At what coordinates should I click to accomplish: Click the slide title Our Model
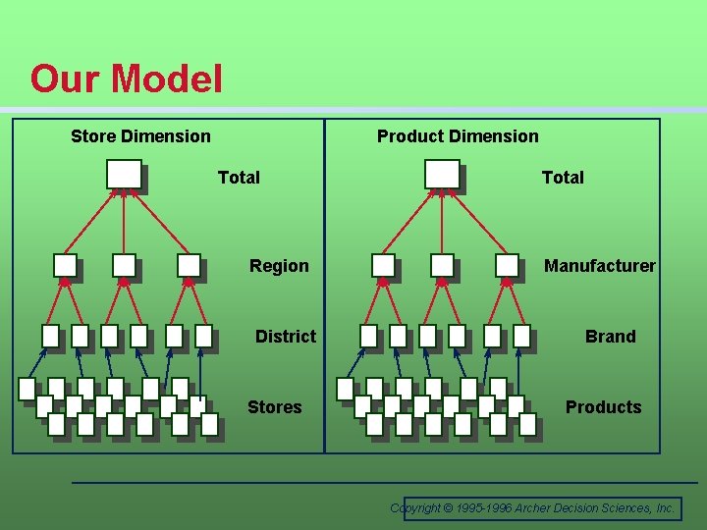click(x=127, y=79)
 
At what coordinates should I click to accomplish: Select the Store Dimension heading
click(x=140, y=136)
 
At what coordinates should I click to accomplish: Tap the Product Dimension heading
click(x=458, y=136)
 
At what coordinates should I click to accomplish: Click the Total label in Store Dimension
click(x=239, y=178)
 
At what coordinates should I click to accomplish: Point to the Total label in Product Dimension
click(x=563, y=178)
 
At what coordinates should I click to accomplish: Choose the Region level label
click(x=279, y=266)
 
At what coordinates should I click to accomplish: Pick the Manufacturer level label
click(x=600, y=266)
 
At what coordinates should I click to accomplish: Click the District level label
click(x=286, y=337)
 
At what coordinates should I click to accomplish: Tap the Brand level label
click(x=610, y=337)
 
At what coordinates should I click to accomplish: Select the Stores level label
click(x=275, y=407)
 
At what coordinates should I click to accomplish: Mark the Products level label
click(x=603, y=407)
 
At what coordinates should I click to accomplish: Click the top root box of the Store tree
click(x=124, y=174)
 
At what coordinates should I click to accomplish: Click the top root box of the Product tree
click(x=442, y=174)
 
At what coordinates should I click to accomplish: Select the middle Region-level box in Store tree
click(x=124, y=265)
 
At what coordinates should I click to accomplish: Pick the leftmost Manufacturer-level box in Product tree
click(x=383, y=265)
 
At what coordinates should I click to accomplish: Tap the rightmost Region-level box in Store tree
click(x=189, y=265)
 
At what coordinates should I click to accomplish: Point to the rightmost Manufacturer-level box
click(x=507, y=265)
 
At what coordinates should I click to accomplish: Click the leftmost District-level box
click(x=50, y=336)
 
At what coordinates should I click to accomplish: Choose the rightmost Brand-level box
click(x=521, y=336)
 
